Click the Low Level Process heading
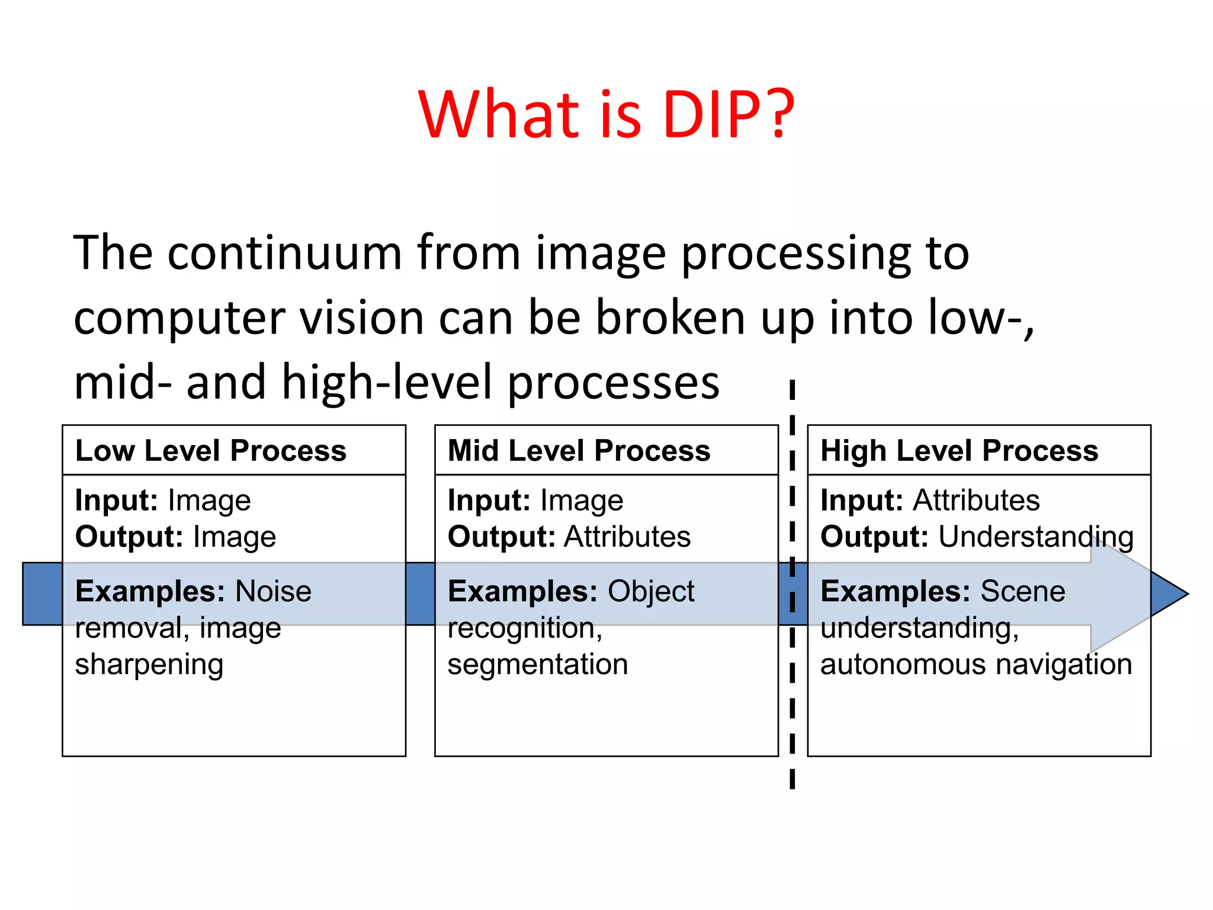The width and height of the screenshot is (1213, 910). pos(211,450)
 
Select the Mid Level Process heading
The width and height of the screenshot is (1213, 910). pos(579,450)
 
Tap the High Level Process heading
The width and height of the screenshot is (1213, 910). pos(959,450)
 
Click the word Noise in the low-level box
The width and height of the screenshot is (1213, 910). pos(273,591)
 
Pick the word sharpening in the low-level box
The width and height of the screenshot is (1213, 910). pos(149,665)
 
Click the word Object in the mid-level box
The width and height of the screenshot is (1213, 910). pos(651,591)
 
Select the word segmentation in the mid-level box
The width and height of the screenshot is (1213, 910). pos(537,664)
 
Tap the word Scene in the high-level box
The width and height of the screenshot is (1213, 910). pos(1022,591)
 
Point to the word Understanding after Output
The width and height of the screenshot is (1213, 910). pos(1036,537)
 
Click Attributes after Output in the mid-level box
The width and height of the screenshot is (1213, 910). pos(627,537)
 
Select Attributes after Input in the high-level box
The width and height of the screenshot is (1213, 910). pos(976,500)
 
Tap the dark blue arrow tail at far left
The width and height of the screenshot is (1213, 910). pos(42,594)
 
